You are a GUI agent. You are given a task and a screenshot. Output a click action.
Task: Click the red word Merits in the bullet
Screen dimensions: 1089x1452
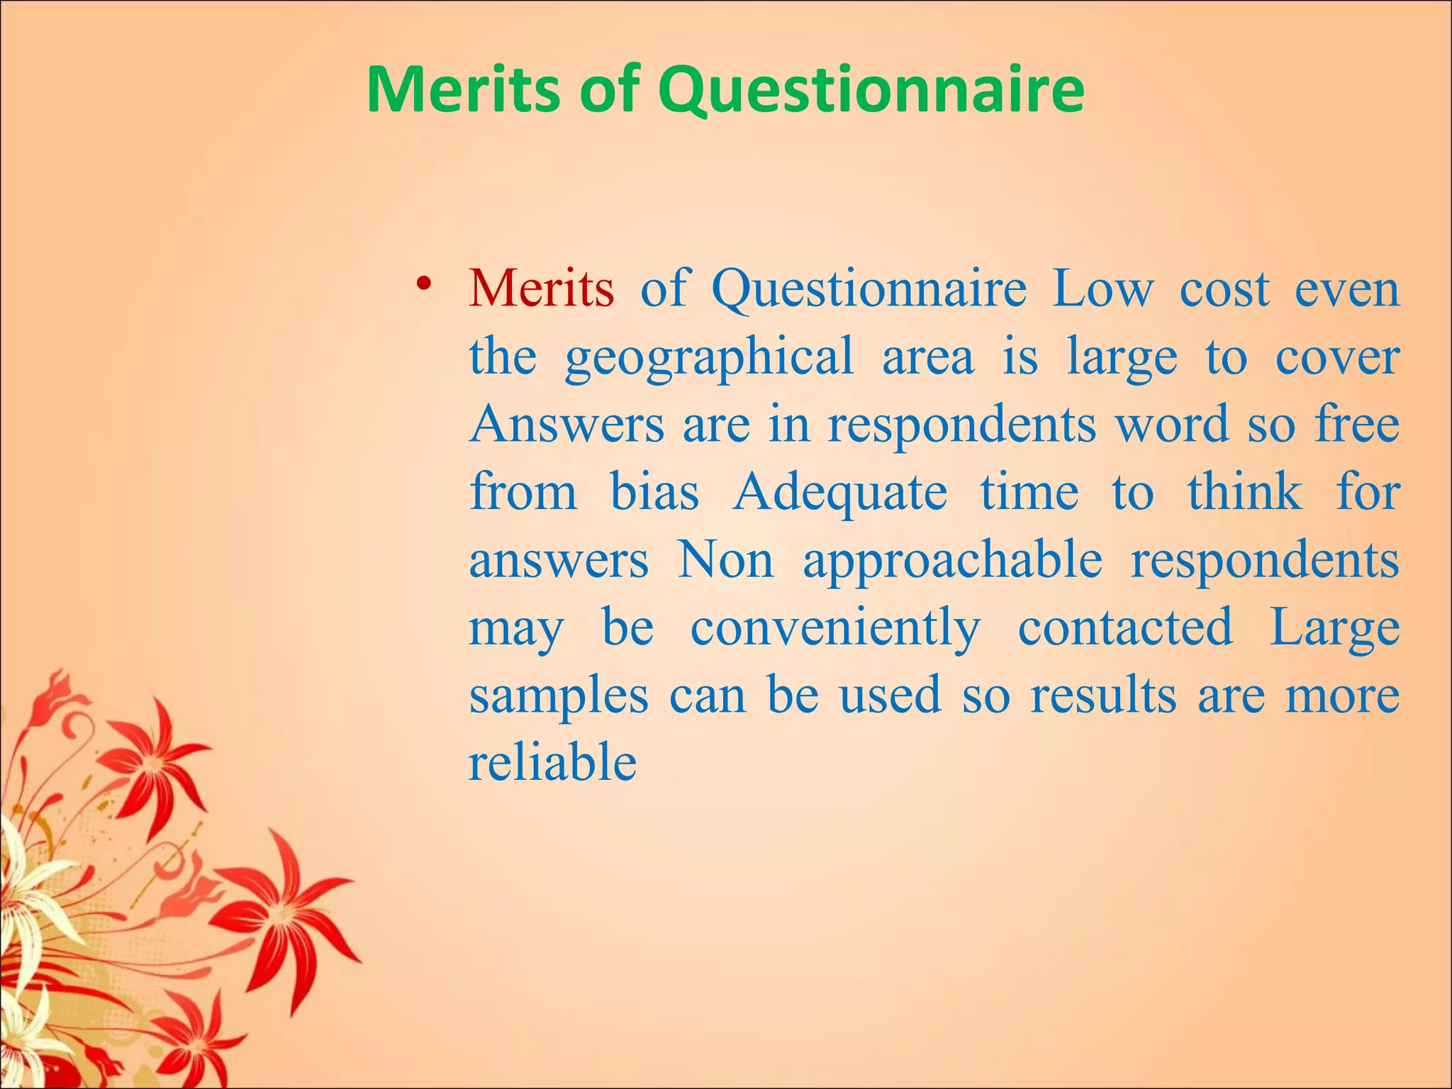point(541,289)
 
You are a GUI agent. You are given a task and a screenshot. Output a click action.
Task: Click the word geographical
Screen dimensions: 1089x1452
point(709,357)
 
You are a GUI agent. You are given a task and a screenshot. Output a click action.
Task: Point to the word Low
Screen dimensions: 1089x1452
point(1102,289)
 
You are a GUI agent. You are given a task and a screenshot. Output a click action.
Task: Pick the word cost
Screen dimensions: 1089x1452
point(1224,289)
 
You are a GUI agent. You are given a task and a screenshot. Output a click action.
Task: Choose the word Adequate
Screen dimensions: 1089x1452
point(839,492)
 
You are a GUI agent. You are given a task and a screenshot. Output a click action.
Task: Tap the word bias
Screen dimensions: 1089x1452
point(654,492)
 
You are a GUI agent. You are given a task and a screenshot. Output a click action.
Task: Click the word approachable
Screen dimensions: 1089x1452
point(952,560)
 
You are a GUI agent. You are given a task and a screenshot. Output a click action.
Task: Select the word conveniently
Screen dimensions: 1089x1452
point(836,628)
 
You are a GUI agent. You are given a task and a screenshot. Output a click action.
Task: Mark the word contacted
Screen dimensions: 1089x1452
point(1125,628)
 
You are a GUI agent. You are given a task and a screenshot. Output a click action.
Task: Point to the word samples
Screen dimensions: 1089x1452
point(559,696)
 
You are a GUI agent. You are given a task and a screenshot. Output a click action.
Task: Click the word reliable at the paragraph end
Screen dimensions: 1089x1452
point(552,763)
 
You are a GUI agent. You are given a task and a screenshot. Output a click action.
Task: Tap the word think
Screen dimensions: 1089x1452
point(1245,492)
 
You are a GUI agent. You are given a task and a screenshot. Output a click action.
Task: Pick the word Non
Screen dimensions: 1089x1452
point(725,560)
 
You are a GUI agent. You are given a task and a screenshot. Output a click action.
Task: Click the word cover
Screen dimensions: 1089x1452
point(1337,357)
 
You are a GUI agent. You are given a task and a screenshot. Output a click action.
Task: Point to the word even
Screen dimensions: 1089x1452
point(1347,289)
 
